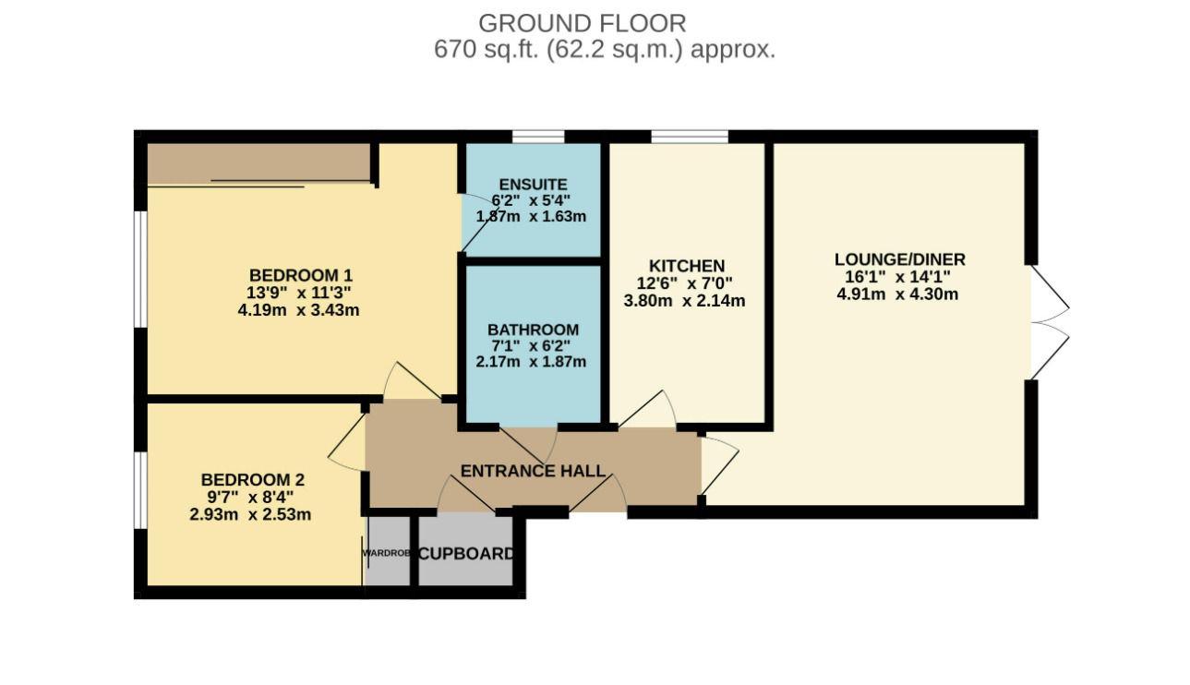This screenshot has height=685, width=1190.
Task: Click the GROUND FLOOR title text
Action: coord(583,23)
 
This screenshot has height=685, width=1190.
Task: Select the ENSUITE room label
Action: coord(533,185)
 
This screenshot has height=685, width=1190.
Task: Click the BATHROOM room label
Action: coord(533,330)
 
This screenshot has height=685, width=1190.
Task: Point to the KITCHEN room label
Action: coord(687,266)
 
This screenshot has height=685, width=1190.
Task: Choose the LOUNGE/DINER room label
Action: coord(899,259)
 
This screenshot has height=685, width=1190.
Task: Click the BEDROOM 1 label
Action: coord(301,275)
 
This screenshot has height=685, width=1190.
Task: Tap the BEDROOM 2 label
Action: coord(252,480)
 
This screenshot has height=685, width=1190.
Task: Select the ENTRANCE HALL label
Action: coord(533,471)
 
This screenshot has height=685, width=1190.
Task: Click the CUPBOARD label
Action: coord(466,554)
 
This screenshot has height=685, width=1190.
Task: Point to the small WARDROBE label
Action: coord(386,553)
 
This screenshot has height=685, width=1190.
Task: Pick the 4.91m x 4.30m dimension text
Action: coord(897,294)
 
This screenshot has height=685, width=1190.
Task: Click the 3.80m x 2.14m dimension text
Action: coord(684,301)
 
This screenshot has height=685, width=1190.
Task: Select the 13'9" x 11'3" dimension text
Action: coord(298,293)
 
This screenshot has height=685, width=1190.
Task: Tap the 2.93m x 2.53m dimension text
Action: coord(250,514)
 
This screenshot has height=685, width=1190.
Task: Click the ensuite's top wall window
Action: coord(538,137)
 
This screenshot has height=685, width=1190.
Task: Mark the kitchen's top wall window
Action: coord(690,137)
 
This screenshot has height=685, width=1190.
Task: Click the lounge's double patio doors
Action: coord(1051,322)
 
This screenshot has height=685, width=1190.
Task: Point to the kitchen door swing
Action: coord(647,409)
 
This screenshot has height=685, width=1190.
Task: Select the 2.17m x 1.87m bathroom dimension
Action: coord(531,362)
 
